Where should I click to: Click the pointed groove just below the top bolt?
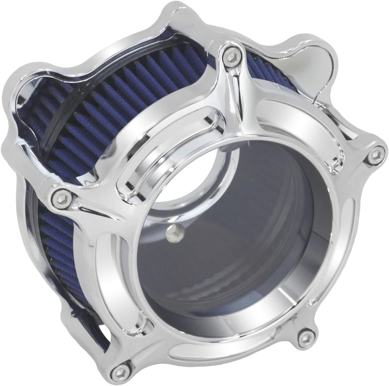click(238, 99)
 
